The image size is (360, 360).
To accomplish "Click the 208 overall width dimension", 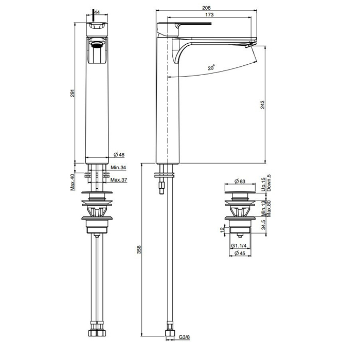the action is (x=206, y=8).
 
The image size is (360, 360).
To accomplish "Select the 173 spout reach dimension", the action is (x=209, y=14).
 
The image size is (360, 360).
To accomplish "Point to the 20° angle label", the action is (x=211, y=67).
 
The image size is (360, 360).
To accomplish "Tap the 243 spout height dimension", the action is (x=262, y=104).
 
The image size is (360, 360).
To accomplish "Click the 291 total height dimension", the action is (x=73, y=93).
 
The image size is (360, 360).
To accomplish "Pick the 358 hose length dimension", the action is (x=139, y=249).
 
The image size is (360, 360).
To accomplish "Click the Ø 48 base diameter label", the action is (x=119, y=154).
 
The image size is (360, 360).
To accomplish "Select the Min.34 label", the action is (x=118, y=167).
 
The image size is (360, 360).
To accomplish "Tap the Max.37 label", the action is (x=119, y=180).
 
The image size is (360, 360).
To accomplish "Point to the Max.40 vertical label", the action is (x=73, y=182).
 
